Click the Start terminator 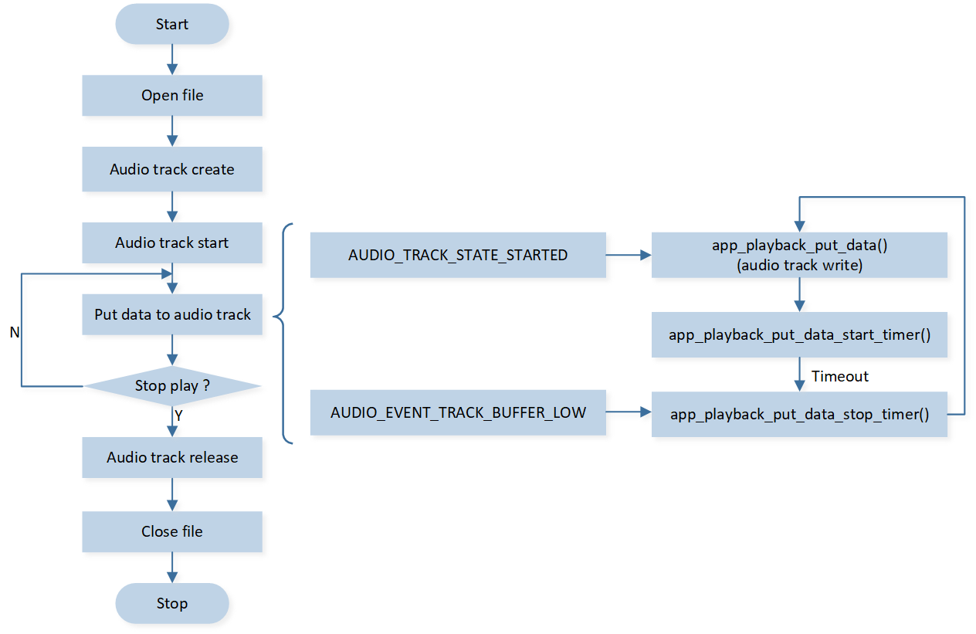click(172, 24)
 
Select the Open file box click(172, 96)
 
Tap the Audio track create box click(172, 169)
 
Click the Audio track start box click(172, 242)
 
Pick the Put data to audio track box click(172, 314)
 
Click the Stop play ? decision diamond click(172, 385)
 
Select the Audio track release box click(172, 457)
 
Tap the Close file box click(172, 531)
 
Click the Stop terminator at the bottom click(172, 603)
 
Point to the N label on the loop click(14, 332)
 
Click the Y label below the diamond click(178, 415)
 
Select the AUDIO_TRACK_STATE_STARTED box click(458, 255)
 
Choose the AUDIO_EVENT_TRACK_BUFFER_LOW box click(458, 412)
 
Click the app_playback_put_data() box click(799, 255)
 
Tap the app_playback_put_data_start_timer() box click(799, 334)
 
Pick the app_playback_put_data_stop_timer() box click(799, 415)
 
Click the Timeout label click(840, 376)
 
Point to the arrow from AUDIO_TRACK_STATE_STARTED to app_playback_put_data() click(629, 255)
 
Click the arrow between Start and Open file click(172, 59)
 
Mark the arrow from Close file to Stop click(172, 568)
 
